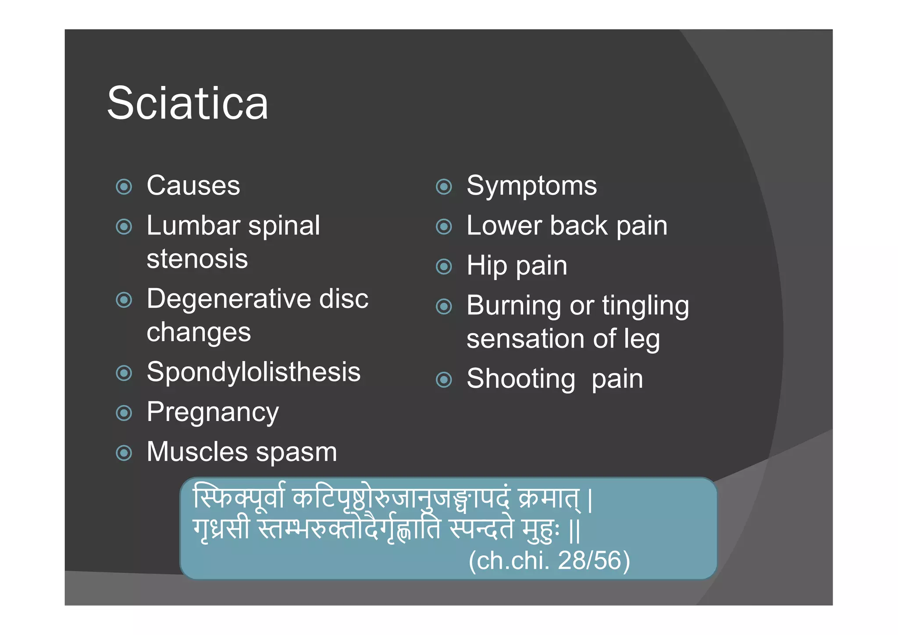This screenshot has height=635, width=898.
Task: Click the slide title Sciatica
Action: (187, 103)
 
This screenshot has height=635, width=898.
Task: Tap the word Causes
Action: (193, 186)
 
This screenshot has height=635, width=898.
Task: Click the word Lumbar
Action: (193, 226)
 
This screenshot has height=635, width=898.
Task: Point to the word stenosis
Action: (197, 259)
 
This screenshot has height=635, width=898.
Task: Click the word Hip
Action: (487, 266)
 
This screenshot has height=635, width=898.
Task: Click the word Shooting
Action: (521, 379)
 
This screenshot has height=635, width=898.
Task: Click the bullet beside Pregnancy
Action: (124, 413)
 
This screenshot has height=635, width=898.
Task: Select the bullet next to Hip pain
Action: (444, 266)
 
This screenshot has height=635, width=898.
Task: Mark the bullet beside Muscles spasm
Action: (124, 453)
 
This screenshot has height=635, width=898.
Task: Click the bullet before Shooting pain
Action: (444, 379)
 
